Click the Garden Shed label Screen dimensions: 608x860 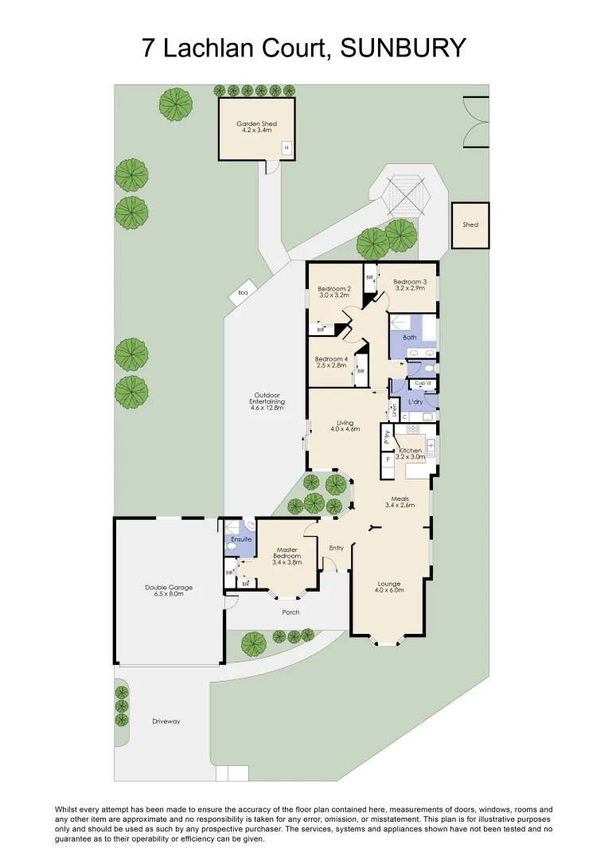pos(256,124)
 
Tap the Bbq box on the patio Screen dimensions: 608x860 pos(243,293)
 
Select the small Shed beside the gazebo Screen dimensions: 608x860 pos(470,225)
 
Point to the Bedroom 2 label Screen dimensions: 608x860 pos(334,288)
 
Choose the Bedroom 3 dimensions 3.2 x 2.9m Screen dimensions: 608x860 pos(410,288)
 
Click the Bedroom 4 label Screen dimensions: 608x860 pos(331,359)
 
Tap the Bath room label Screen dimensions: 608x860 pos(410,338)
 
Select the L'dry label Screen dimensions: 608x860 pos(415,402)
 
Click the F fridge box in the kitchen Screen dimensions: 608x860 pos(388,459)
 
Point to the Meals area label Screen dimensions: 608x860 pos(399,499)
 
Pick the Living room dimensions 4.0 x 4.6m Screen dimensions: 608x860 pos(345,429)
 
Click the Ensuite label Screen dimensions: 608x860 pos(241,539)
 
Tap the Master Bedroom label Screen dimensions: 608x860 pos(286,553)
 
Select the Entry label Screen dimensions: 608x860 pos(337,548)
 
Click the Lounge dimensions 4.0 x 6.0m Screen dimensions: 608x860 pos(389,590)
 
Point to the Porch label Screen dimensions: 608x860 pos(290,612)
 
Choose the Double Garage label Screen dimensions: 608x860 pos(169,588)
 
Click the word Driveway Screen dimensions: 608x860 pos(166,721)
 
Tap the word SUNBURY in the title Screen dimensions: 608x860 pos(403,48)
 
